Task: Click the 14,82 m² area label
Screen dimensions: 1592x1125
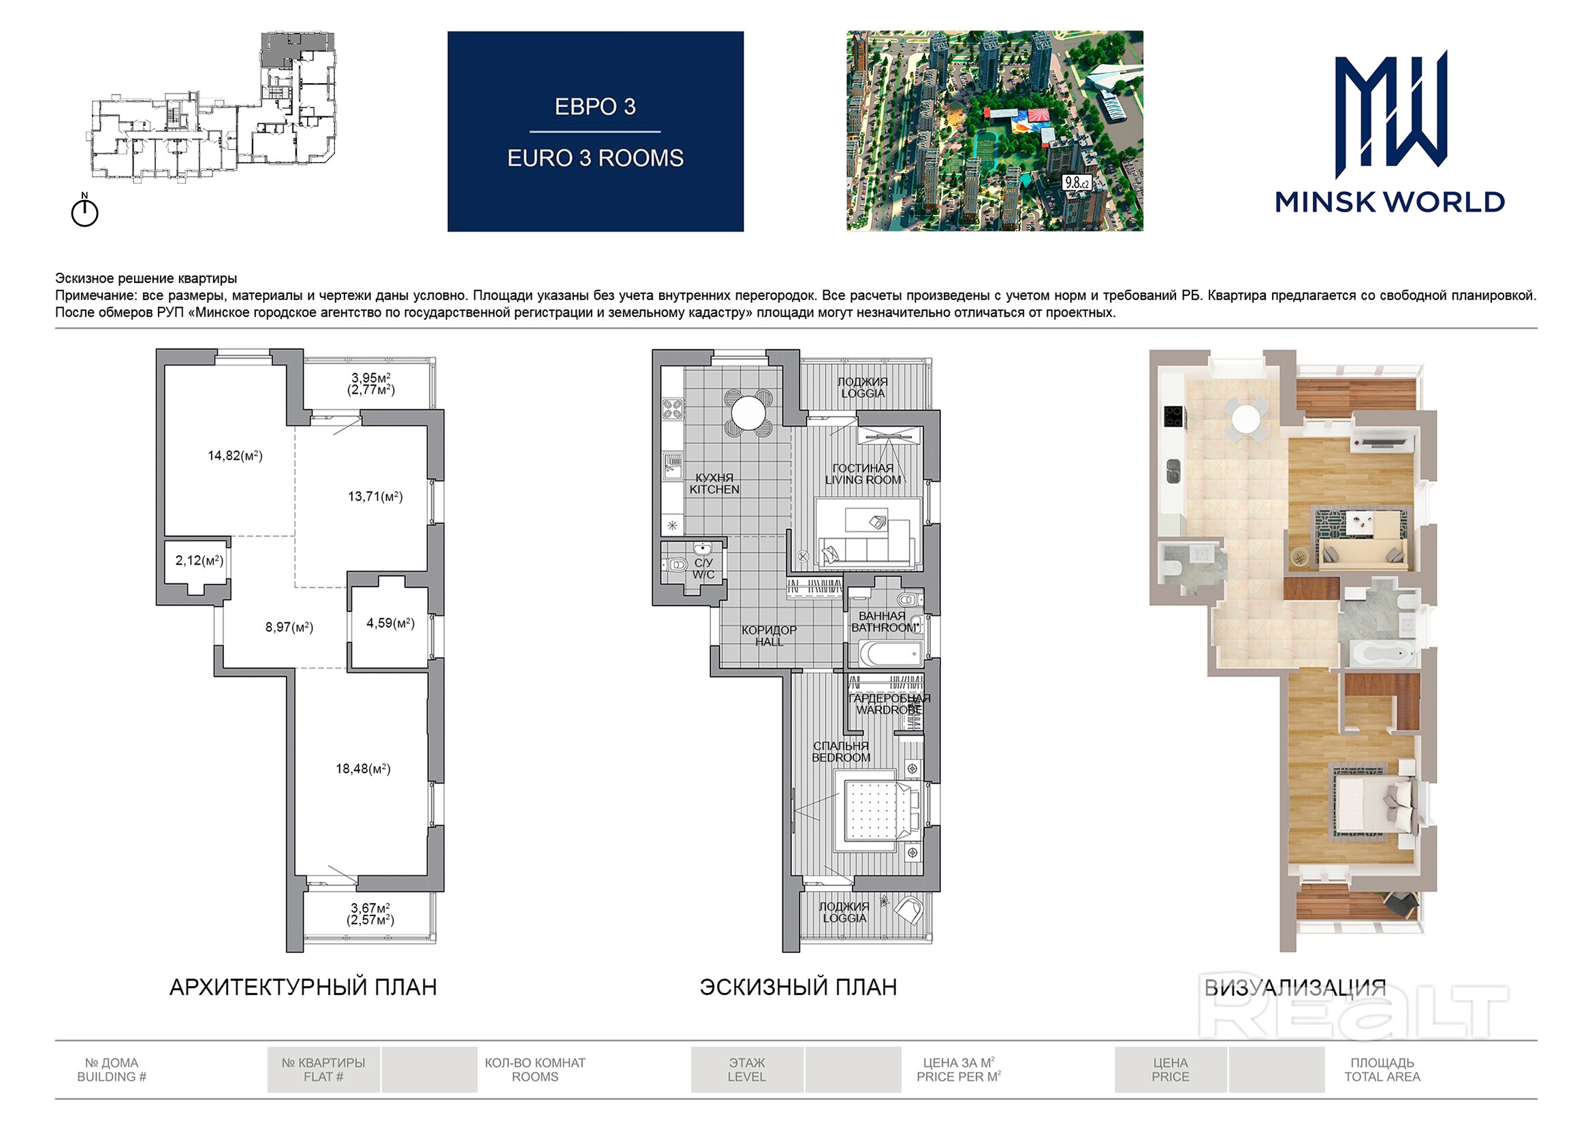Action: click(235, 455)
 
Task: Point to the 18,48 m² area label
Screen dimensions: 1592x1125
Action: click(363, 768)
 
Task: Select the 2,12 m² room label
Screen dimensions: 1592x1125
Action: click(199, 560)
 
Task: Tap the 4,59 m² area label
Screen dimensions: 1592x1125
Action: click(390, 623)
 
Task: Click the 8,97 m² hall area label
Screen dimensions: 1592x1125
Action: click(289, 627)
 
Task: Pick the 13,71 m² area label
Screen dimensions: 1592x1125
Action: click(375, 496)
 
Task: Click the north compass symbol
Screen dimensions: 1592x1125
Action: click(84, 210)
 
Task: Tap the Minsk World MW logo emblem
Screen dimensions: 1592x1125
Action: click(1391, 114)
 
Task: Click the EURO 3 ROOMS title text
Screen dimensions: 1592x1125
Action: click(595, 158)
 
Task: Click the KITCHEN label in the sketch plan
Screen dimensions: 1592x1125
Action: click(714, 489)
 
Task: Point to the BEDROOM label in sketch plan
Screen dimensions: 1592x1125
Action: click(841, 757)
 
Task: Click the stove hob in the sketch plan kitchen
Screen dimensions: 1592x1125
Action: click(673, 408)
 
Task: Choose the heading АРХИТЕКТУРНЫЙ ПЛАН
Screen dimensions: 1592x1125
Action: click(303, 987)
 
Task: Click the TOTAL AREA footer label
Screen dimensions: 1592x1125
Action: click(1382, 1077)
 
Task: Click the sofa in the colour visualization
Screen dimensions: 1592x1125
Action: click(1363, 554)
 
